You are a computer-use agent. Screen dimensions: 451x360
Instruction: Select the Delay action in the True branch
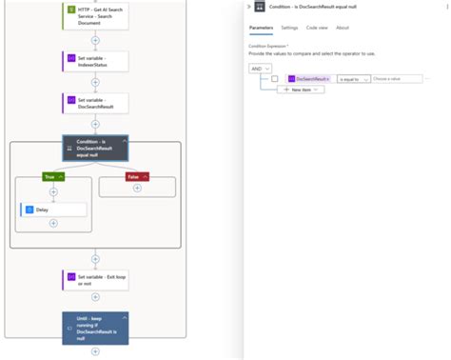pyautogui.click(x=53, y=209)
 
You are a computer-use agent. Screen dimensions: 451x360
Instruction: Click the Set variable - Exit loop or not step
pyautogui.click(x=95, y=278)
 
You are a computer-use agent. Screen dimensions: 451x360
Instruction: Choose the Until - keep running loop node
pyautogui.click(x=95, y=328)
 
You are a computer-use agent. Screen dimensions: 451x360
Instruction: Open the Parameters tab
pyautogui.click(x=261, y=28)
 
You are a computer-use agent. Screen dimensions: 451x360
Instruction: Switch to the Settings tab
pyautogui.click(x=289, y=28)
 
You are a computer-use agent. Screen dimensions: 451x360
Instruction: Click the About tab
pyautogui.click(x=342, y=28)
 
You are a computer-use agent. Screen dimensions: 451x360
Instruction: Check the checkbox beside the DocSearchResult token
pyautogui.click(x=275, y=78)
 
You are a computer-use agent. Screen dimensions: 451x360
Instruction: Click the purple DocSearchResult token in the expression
pyautogui.click(x=309, y=78)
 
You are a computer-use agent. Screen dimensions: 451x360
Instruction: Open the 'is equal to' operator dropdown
pyautogui.click(x=353, y=78)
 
